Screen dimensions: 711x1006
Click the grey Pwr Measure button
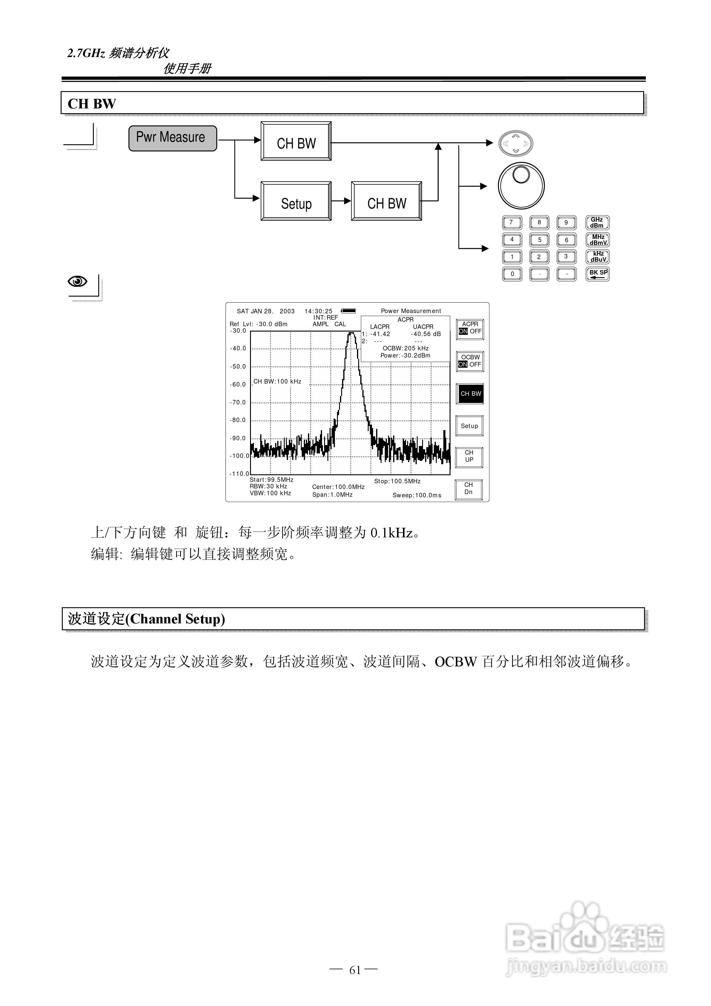click(173, 138)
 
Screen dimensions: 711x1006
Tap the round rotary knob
click(521, 186)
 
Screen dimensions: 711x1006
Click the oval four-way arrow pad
click(516, 143)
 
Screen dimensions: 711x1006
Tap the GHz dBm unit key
click(597, 223)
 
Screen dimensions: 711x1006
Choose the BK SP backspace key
click(597, 274)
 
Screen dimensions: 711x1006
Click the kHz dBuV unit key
click(597, 257)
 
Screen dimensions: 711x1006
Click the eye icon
click(78, 281)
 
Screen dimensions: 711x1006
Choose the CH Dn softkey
click(469, 489)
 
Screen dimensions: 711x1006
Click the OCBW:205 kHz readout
click(405, 348)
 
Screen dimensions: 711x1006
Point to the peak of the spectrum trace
click(351, 333)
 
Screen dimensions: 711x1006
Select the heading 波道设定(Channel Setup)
click(146, 619)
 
